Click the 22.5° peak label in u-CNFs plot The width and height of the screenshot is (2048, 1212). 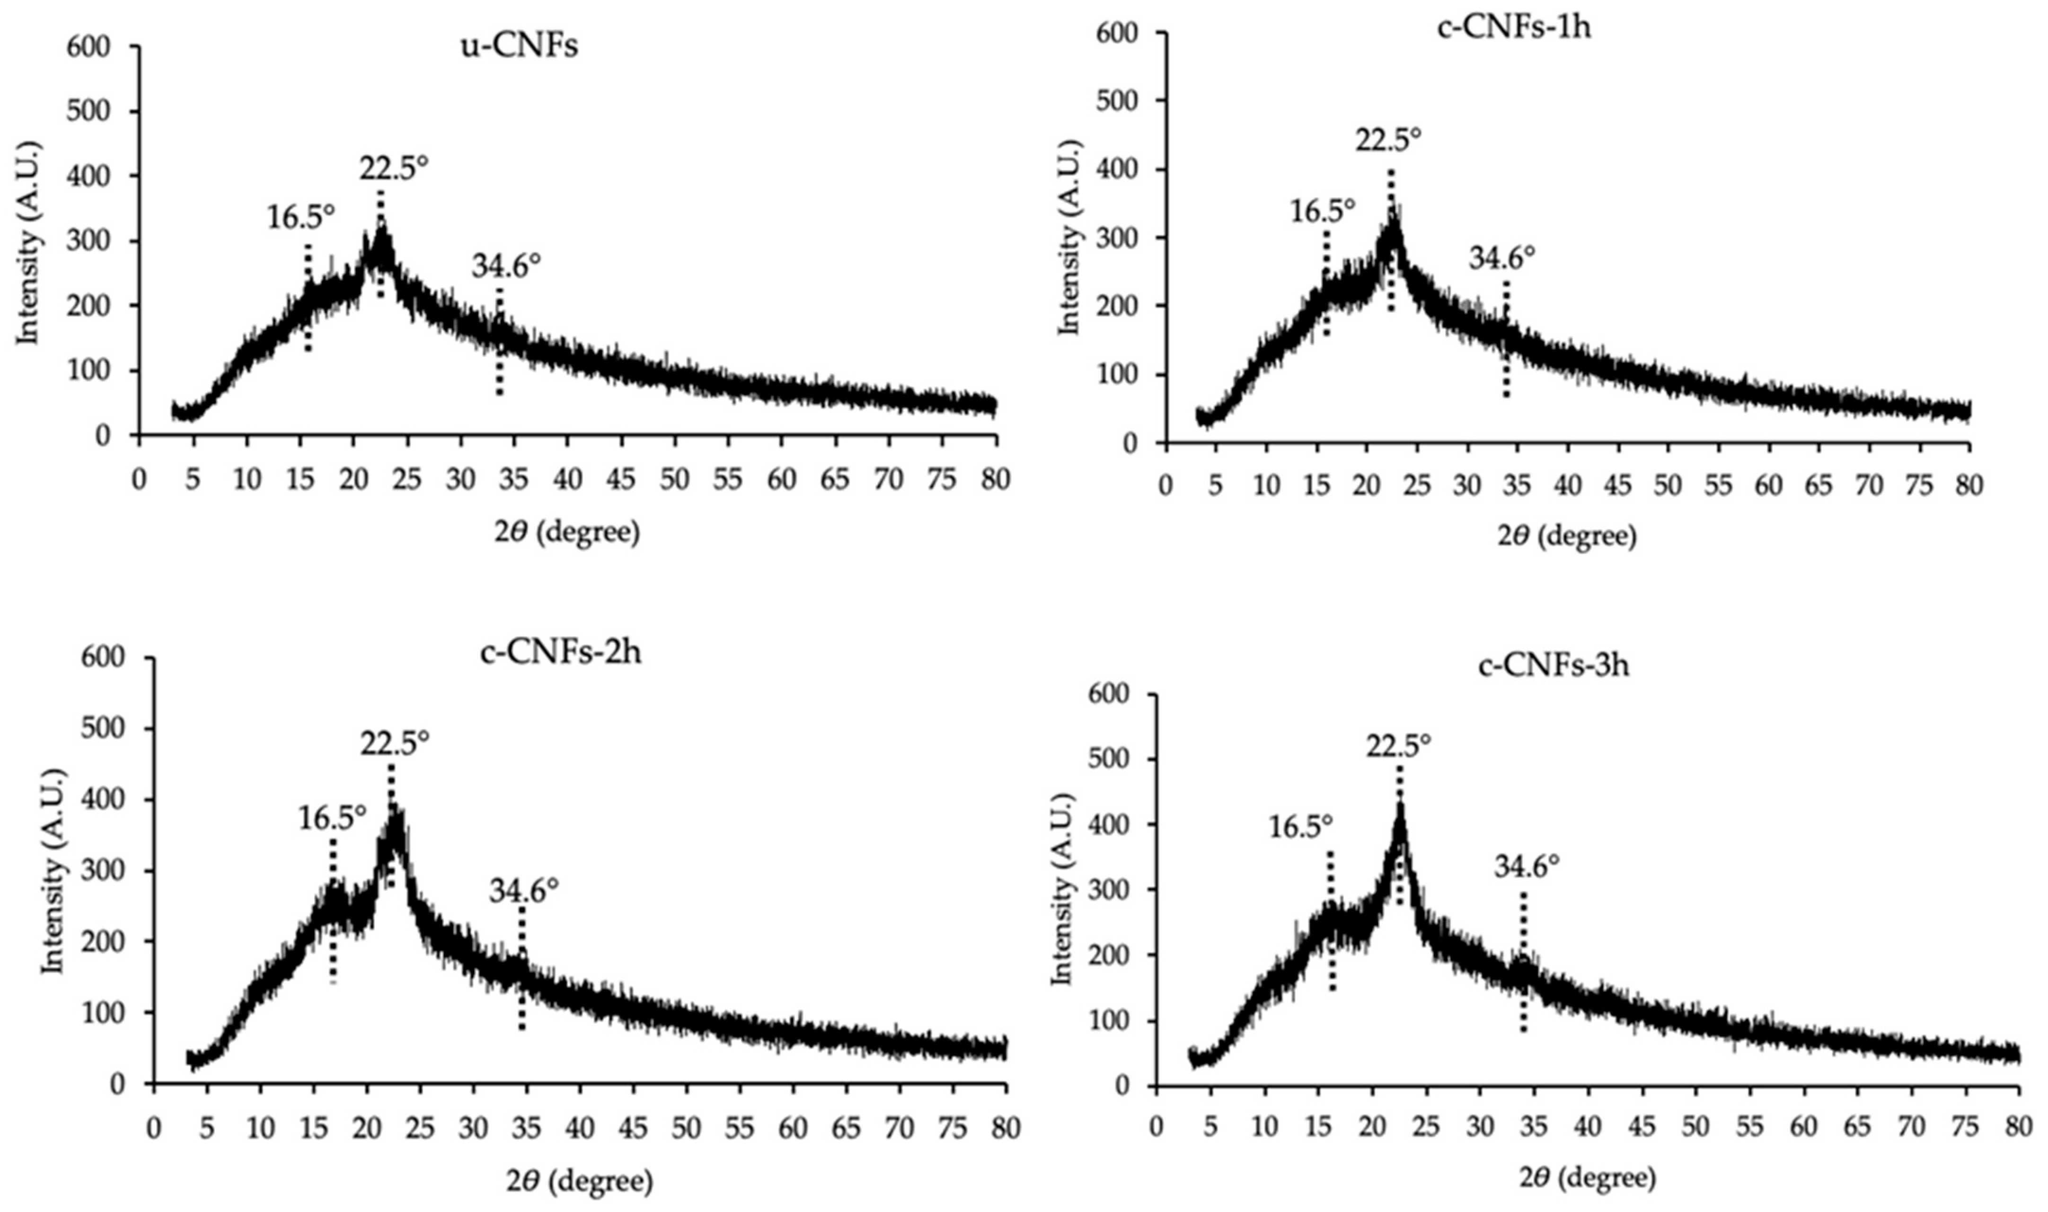point(394,168)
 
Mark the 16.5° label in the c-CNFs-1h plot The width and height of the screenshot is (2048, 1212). point(1322,212)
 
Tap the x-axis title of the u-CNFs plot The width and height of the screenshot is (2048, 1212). point(567,532)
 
